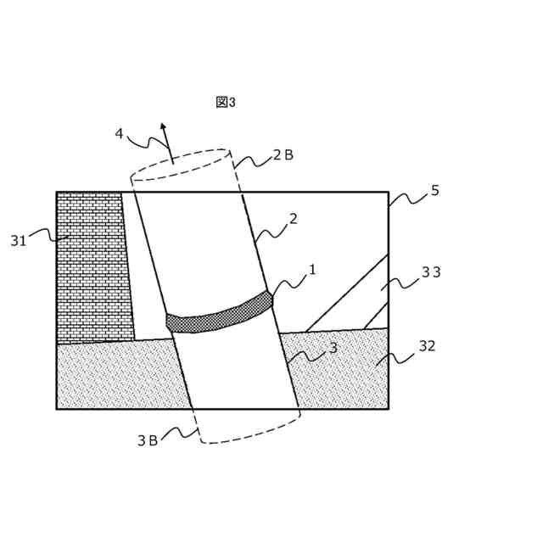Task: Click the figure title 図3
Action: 226,103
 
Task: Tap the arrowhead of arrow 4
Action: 163,126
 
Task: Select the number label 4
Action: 119,133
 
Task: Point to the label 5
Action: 435,191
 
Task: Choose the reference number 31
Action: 19,241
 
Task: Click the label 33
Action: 431,272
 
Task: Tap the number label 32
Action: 427,346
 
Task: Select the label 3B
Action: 148,440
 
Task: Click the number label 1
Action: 312,270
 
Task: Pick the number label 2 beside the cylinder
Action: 294,219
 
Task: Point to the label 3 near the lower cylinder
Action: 333,348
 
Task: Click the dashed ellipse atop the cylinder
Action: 180,165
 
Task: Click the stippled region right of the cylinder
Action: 339,373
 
